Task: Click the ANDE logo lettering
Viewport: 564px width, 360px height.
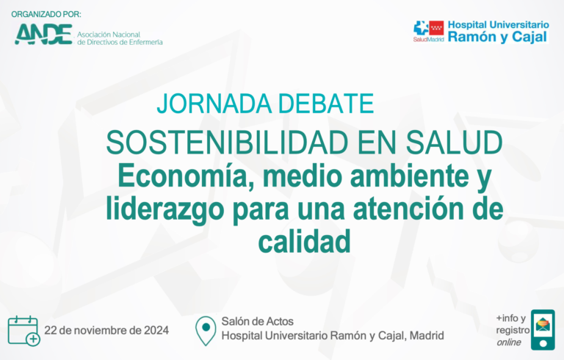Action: pyautogui.click(x=43, y=35)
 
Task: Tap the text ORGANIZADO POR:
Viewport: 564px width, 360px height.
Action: pyautogui.click(x=46, y=15)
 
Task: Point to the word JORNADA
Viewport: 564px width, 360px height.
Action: pyautogui.click(x=214, y=104)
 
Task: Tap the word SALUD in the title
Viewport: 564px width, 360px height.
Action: pyautogui.click(x=454, y=143)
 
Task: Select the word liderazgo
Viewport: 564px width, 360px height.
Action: pyautogui.click(x=164, y=209)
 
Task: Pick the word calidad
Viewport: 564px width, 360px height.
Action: pyautogui.click(x=304, y=242)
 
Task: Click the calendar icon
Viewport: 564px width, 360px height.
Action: pyautogui.click(x=23, y=331)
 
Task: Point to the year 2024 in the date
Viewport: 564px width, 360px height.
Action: pyautogui.click(x=156, y=331)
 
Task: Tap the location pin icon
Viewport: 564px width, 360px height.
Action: pyautogui.click(x=206, y=331)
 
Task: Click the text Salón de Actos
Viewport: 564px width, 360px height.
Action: pyautogui.click(x=258, y=321)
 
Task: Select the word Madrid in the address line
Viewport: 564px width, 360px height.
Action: pyautogui.click(x=427, y=336)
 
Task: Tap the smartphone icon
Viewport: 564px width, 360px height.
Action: pyautogui.click(x=543, y=329)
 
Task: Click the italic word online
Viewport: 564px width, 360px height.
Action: pyautogui.click(x=509, y=342)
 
